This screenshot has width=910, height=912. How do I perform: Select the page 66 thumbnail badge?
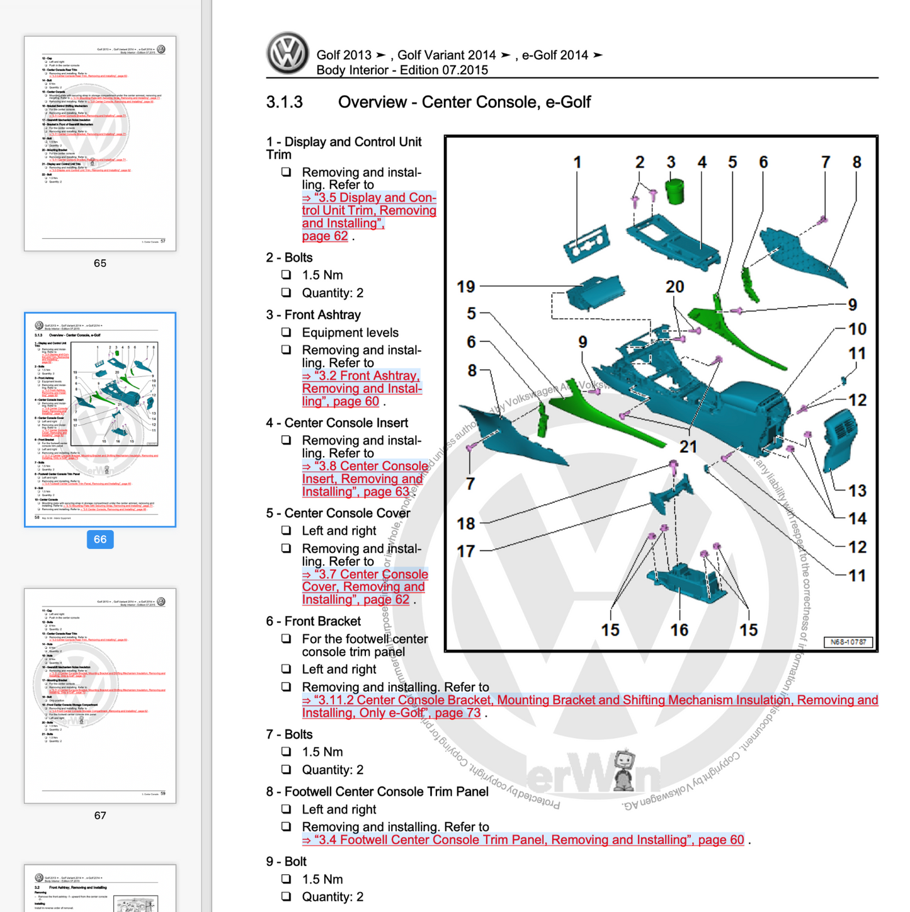click(100, 539)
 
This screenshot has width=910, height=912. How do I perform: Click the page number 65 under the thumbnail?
click(100, 263)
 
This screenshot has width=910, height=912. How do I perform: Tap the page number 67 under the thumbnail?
click(100, 815)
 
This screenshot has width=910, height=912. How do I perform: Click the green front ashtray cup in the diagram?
click(674, 191)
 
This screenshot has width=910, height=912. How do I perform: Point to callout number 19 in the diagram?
click(466, 287)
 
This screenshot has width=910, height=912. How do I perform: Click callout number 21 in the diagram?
click(688, 447)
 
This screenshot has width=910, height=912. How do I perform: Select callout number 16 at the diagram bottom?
click(679, 630)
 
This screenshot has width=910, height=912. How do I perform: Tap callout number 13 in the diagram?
click(857, 491)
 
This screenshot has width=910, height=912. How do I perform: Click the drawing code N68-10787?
click(848, 642)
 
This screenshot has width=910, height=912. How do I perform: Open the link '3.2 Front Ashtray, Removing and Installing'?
click(361, 389)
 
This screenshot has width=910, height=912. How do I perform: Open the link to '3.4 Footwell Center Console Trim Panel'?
click(523, 840)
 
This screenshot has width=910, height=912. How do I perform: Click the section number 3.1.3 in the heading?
click(285, 102)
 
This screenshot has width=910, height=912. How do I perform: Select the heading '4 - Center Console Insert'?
click(337, 423)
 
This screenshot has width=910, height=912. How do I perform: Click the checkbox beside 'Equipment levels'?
click(287, 333)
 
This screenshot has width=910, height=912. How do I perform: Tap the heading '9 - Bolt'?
click(286, 862)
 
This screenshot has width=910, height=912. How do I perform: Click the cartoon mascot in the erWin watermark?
click(623, 770)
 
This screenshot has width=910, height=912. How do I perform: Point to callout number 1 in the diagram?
click(577, 162)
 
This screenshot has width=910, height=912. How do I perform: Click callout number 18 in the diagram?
click(466, 523)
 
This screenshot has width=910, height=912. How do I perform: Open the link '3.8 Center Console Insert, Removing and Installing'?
click(365, 479)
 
